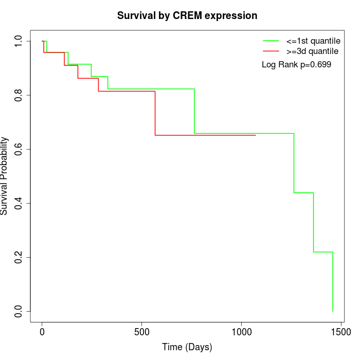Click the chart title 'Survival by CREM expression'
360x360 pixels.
187,15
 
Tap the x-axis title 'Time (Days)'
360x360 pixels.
187,347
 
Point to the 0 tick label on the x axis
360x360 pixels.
42,333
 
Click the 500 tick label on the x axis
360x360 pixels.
142,333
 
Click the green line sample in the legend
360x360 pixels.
271,41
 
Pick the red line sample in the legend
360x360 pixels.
271,51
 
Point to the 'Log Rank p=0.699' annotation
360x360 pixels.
296,65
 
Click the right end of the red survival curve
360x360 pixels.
256,135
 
